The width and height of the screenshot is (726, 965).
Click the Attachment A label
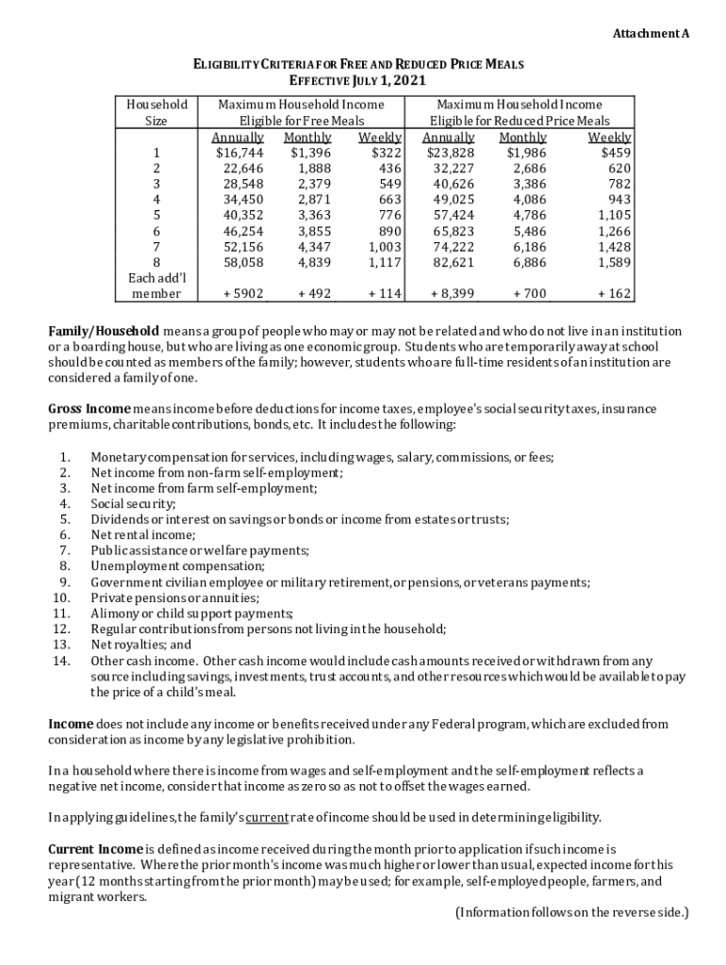pos(652,34)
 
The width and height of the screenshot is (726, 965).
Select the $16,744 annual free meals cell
pos(239,153)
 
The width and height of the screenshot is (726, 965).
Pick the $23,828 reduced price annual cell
pos(450,153)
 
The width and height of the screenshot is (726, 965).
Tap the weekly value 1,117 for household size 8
pos(385,263)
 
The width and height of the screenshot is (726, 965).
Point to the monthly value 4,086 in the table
pos(525,200)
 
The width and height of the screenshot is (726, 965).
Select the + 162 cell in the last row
pos(614,294)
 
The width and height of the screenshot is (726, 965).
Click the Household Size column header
pos(157,113)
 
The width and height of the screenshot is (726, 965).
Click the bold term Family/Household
pos(104,332)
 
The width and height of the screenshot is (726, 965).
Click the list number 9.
pos(64,582)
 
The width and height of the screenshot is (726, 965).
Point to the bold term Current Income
pos(95,849)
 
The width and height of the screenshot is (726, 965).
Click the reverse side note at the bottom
pos(571,912)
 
